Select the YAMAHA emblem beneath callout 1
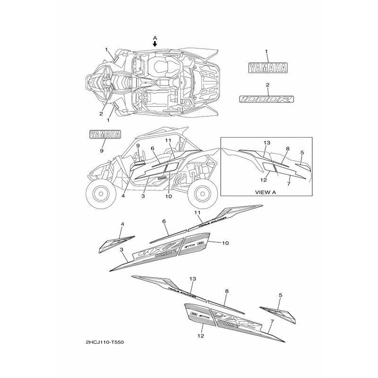266,68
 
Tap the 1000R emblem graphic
266,99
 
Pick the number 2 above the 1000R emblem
267,85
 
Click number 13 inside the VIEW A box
266,143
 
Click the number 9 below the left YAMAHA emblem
102,150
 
